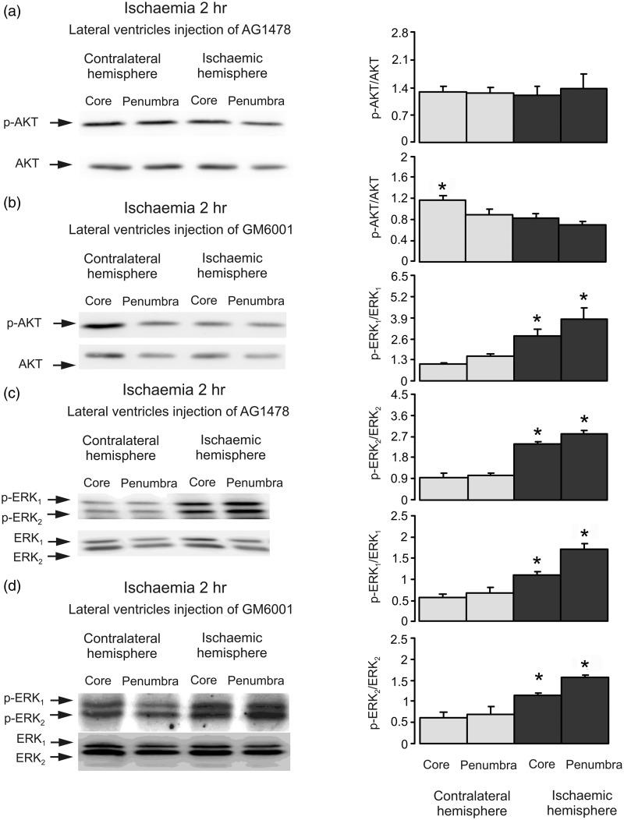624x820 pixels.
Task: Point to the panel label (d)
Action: tap(13, 581)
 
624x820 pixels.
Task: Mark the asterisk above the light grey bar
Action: tap(442, 187)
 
